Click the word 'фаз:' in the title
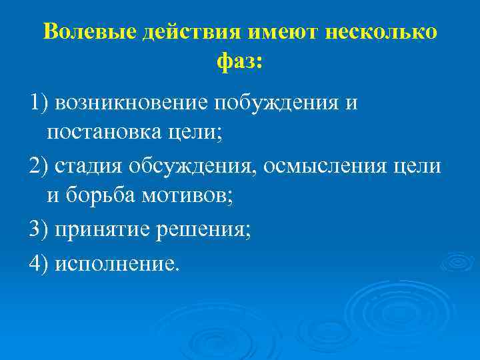click(240, 63)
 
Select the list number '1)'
click(39, 103)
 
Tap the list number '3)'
click(39, 230)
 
